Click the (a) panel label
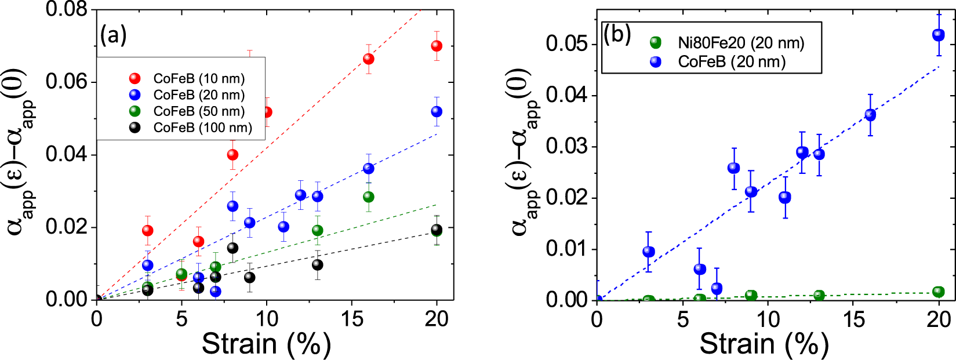113,36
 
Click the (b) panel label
617,35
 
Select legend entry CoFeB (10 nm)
199,78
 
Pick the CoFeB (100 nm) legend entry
202,128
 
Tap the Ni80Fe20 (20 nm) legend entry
740,43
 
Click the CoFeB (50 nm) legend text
199,111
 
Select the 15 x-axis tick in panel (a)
351,318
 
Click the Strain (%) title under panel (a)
266,344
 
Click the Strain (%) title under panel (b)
764,344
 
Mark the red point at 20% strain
437,46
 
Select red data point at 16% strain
368,59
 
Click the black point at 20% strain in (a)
437,230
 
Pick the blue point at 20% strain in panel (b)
939,35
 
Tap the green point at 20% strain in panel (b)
939,292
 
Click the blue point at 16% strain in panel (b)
870,115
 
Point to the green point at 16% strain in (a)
368,197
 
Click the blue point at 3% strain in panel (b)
649,252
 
